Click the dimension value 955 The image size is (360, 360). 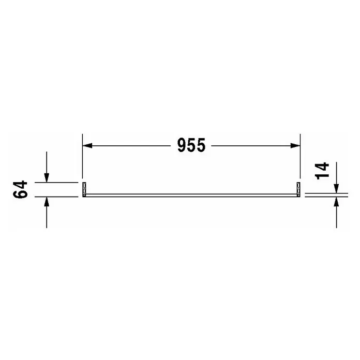(x=191, y=145)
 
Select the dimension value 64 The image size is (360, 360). (x=21, y=189)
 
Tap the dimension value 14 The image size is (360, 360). (x=322, y=171)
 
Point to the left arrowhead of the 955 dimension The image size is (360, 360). (x=87, y=145)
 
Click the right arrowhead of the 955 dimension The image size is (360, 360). (x=295, y=145)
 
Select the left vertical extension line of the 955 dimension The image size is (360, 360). (x=82, y=156)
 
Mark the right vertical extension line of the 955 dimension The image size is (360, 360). (x=300, y=156)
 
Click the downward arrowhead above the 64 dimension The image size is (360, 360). (x=47, y=178)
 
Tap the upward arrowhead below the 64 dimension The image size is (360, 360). (x=47, y=201)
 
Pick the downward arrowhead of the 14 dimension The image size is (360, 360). (x=336, y=189)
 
